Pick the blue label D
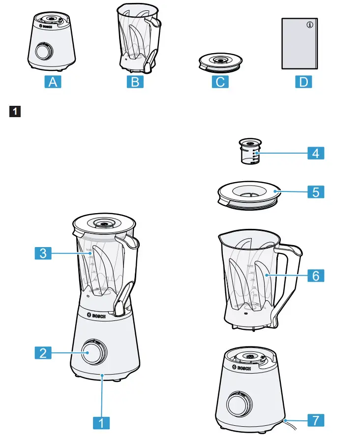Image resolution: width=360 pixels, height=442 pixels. tap(303, 82)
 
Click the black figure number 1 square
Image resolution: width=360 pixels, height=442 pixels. tap(15, 111)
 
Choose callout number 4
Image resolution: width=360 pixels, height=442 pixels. tap(315, 154)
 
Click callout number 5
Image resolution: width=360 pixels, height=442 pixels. tap(315, 191)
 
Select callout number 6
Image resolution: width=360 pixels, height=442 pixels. tap(315, 276)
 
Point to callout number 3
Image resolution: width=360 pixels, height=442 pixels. tap(43, 253)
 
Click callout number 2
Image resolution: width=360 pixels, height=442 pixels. tap(43, 352)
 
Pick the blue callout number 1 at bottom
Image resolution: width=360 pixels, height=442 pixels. tap(101, 422)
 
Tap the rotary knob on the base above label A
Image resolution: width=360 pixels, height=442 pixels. tap(43, 51)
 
